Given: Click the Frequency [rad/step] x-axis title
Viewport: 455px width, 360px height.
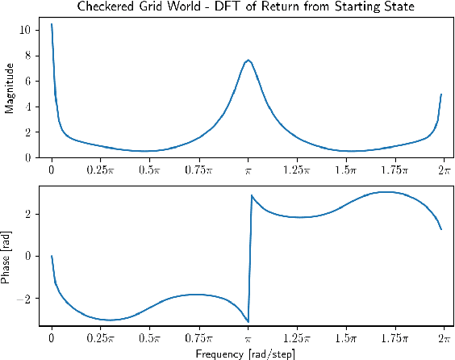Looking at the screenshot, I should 247,353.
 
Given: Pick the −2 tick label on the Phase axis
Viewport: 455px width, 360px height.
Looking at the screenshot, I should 26,299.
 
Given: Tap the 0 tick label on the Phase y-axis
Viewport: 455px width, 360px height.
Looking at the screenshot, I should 29,256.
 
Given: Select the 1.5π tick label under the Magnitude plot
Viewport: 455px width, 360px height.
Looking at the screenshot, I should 346,170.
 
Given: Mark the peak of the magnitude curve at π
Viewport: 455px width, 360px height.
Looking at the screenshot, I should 248,60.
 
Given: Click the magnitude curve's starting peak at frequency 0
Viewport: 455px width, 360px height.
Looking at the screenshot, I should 52,24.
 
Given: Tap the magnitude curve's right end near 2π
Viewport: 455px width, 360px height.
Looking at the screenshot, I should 441,94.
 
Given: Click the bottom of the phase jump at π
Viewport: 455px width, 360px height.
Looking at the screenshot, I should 248,321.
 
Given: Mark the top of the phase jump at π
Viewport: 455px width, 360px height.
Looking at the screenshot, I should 252,195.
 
